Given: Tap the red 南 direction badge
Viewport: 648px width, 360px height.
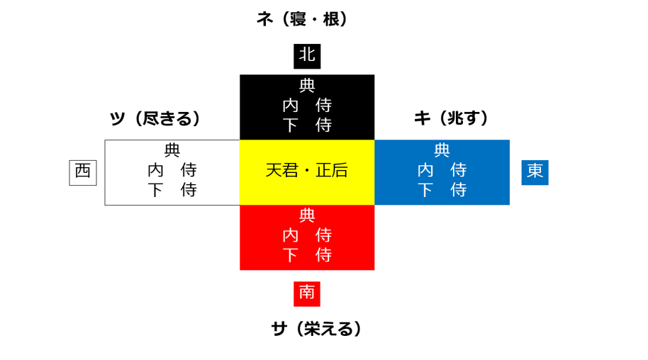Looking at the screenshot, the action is coord(307,293).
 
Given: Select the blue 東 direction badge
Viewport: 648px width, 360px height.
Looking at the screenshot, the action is coord(535,172).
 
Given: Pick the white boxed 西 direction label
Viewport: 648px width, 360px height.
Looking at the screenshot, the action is coord(82,172).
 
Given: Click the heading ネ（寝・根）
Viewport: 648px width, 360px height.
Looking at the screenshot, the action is coord(303,19).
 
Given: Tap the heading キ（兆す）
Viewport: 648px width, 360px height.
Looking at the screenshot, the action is coord(452,118).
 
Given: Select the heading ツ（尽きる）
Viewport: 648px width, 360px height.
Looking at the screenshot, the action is coord(155,118).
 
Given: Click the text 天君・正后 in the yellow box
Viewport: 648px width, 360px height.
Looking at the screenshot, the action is coord(307,171).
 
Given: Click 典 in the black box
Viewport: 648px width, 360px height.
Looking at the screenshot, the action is coord(307,86).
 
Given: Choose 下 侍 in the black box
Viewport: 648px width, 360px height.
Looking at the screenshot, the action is coord(307,125).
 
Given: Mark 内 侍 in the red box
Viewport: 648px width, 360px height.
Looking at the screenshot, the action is coord(307,235).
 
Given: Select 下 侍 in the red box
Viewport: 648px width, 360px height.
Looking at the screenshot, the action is coord(307,254).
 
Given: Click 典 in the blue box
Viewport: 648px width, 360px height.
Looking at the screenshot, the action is coord(442,150).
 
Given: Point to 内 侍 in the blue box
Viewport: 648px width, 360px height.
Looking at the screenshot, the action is coord(442,170).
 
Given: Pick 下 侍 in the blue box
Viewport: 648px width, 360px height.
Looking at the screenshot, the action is coord(442,190).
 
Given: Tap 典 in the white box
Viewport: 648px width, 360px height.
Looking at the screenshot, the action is coord(172,150).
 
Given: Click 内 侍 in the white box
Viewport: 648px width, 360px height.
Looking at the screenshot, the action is coord(172,170).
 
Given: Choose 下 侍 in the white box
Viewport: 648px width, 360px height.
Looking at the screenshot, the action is coord(172,190).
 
